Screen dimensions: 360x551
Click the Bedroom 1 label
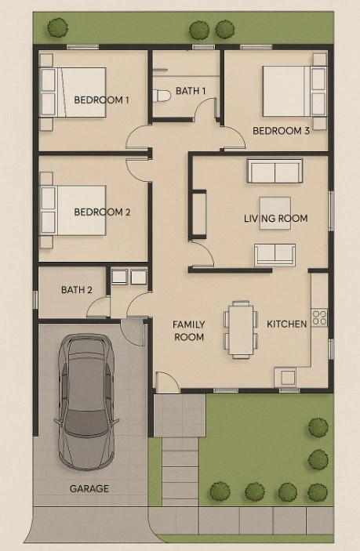(101, 100)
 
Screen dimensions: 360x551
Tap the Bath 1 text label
(191, 91)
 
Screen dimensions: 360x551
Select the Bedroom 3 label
(281, 131)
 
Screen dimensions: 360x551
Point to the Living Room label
(275, 219)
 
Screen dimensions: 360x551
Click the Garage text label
(89, 488)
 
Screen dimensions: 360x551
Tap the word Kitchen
(286, 324)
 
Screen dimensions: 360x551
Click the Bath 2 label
(77, 290)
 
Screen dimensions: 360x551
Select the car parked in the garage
(86, 401)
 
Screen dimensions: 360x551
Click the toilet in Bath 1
(161, 96)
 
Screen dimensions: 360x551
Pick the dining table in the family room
(241, 330)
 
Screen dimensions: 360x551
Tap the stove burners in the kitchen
(319, 317)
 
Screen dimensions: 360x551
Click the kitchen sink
(288, 378)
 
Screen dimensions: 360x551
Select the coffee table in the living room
(275, 213)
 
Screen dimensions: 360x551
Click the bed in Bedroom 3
(295, 92)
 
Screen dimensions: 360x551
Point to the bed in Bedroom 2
(73, 210)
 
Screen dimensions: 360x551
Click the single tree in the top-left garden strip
(58, 27)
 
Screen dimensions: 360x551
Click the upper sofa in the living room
(275, 171)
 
